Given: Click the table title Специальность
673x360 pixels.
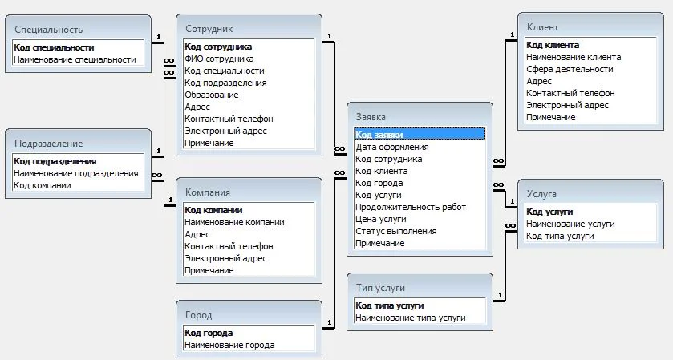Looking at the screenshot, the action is [48, 30].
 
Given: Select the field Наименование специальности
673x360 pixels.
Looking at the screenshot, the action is [75, 59].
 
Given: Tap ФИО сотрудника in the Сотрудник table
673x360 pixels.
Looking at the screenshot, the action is [219, 59].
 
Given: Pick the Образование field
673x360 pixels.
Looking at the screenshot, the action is [211, 95].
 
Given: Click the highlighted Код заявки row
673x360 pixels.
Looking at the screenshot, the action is [420, 135].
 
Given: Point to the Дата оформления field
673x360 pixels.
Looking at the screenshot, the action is [392, 147].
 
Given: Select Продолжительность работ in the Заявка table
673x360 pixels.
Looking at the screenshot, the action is [411, 207].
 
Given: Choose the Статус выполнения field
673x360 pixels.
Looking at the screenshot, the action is [395, 231].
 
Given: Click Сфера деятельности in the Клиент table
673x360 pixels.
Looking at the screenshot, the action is [570, 69].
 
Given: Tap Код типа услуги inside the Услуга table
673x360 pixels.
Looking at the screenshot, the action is [560, 236].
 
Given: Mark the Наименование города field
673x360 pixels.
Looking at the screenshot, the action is [229, 345].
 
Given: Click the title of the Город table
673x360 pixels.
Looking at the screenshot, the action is [199, 315].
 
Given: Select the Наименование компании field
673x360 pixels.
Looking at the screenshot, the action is [234, 222].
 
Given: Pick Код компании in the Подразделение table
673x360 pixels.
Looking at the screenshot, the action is [42, 185].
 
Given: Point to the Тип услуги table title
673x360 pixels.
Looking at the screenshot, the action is [380, 288].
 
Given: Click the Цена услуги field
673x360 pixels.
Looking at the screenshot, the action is [381, 219].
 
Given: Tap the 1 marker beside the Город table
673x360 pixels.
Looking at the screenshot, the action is [329, 322].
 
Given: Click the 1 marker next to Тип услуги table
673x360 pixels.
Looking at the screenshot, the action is [500, 295].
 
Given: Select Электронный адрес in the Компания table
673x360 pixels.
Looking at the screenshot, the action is [225, 258].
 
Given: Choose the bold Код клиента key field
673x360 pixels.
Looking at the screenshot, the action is [553, 45].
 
